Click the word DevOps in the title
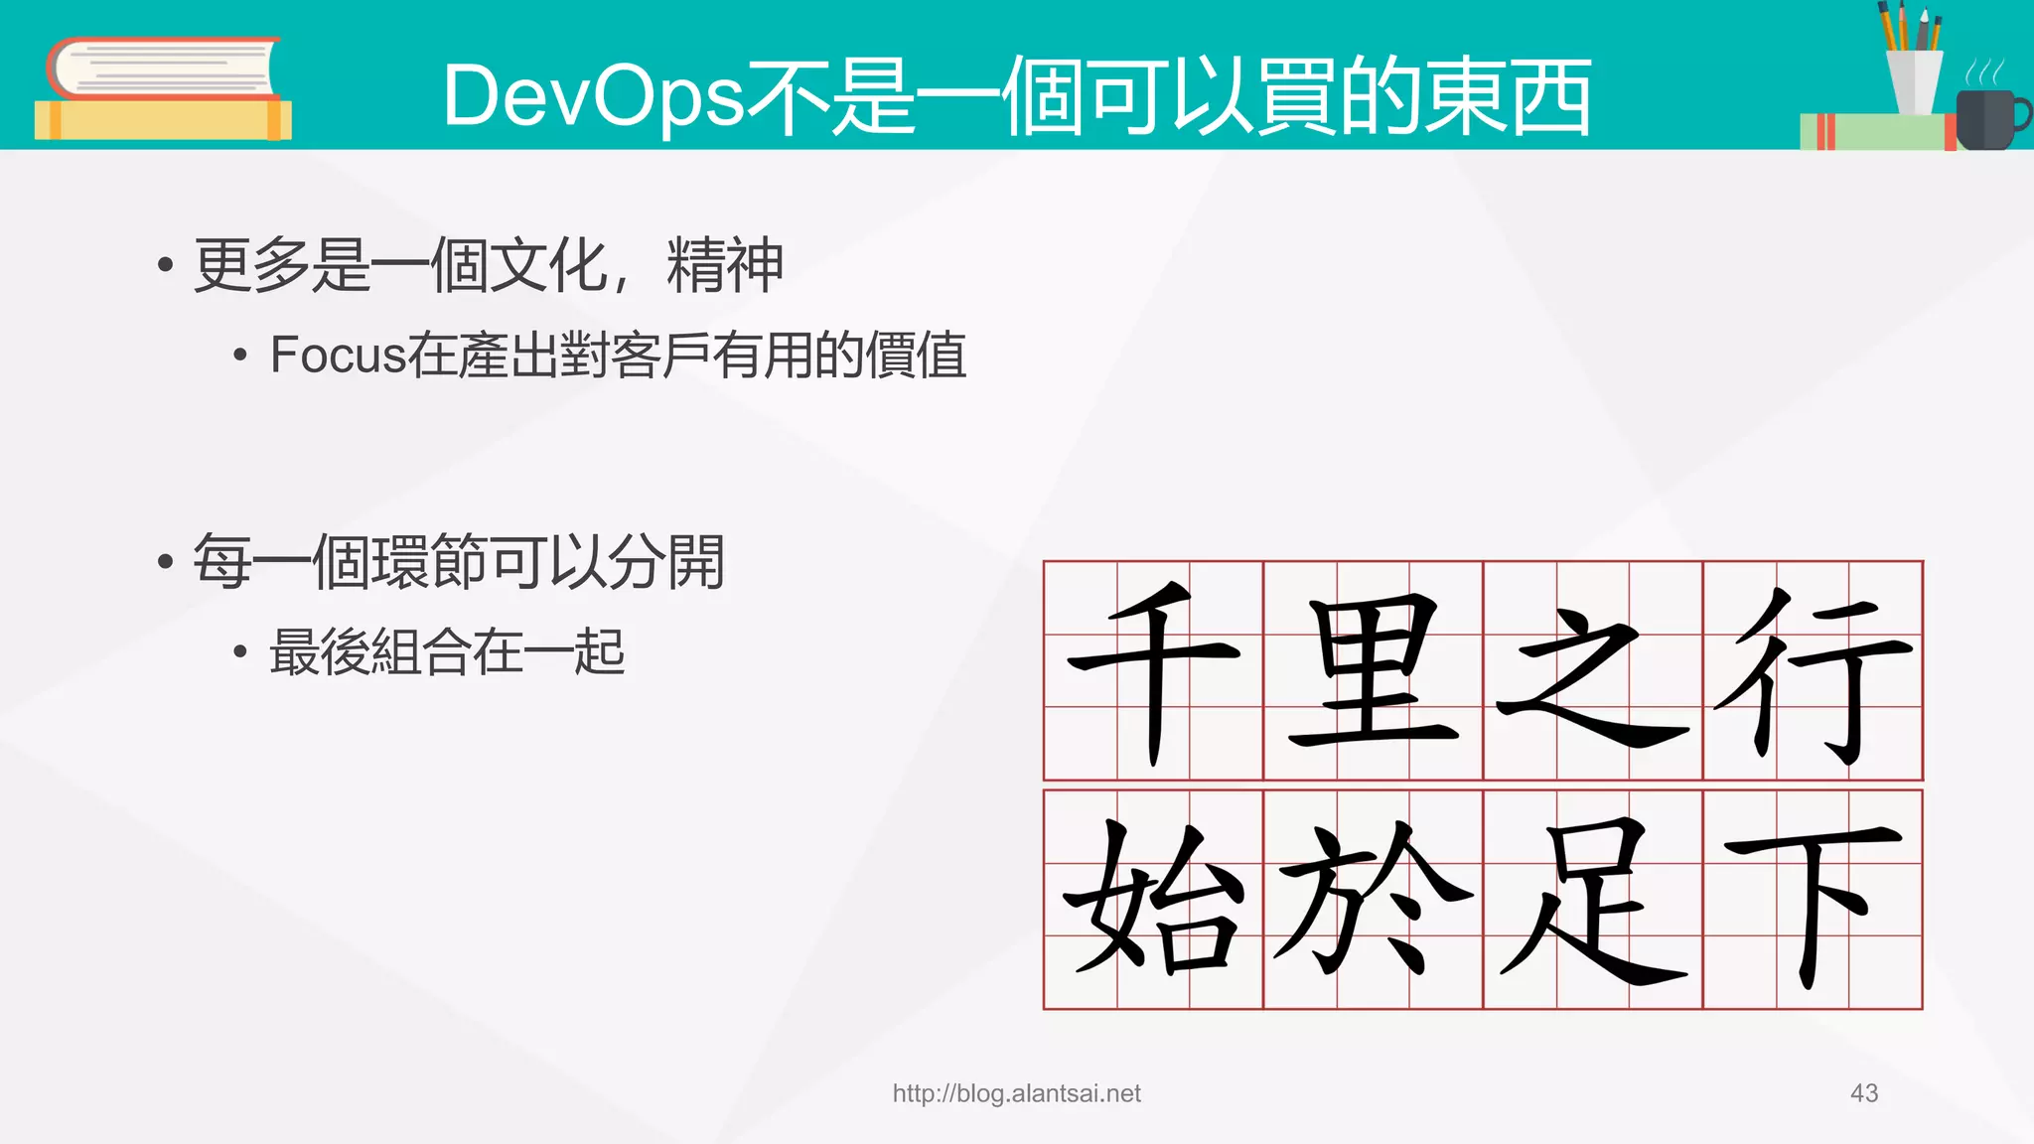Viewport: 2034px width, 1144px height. (593, 96)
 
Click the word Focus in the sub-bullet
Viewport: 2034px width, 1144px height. (338, 356)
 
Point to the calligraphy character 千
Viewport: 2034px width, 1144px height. (1153, 670)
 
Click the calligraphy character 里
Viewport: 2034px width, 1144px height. (1374, 670)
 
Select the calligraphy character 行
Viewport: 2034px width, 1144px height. (1814, 670)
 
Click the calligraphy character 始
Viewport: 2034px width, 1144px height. (1153, 900)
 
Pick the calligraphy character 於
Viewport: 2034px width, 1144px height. (1374, 900)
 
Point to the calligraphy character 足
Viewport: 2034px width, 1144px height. (1593, 900)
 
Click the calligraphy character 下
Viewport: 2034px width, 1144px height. (1814, 900)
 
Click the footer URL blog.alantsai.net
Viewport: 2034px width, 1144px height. (1016, 1093)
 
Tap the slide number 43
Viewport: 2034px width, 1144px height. (1864, 1093)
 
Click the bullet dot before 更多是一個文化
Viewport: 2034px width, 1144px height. (166, 265)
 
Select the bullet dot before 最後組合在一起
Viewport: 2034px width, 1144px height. (239, 652)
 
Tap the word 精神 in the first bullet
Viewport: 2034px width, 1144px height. (725, 265)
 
